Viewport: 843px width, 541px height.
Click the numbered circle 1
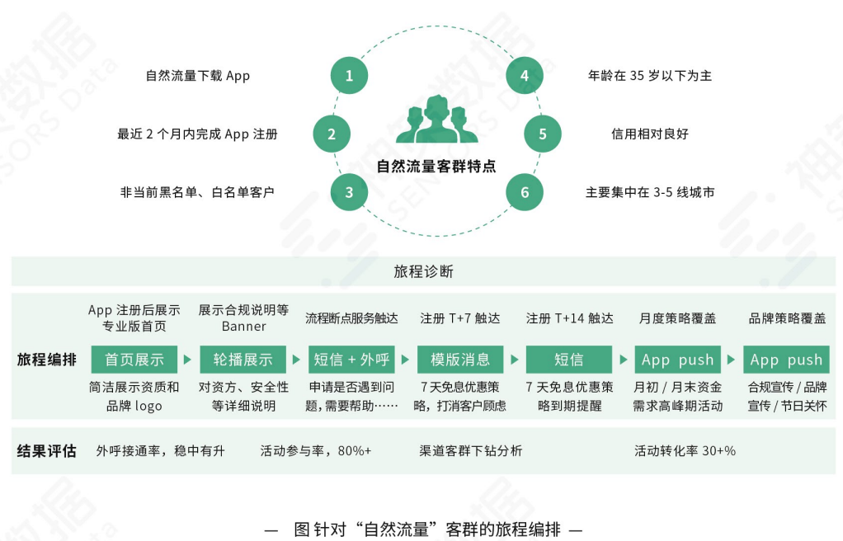point(349,76)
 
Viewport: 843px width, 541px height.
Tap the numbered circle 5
point(542,134)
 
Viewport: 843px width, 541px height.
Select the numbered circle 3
point(349,192)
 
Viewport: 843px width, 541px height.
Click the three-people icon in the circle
point(436,120)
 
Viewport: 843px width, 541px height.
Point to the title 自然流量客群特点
point(436,165)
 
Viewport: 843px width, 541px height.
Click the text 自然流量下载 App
point(198,76)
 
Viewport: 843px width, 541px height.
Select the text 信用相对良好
point(650,134)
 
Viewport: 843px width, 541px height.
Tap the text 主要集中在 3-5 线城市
point(650,192)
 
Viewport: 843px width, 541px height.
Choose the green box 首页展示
point(134,360)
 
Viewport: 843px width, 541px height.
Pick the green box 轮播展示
point(243,360)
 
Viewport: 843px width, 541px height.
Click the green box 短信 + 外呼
point(351,360)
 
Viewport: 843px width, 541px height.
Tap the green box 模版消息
point(460,360)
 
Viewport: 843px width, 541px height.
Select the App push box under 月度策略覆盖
point(677,360)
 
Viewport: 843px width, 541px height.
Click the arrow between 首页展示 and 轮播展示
point(188,360)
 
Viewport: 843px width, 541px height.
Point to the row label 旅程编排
point(47,360)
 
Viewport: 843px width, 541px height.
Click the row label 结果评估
point(47,451)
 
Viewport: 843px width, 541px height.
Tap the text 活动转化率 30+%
point(685,451)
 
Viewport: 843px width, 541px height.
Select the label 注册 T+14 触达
point(569,318)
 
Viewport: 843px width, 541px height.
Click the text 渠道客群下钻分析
point(470,451)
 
